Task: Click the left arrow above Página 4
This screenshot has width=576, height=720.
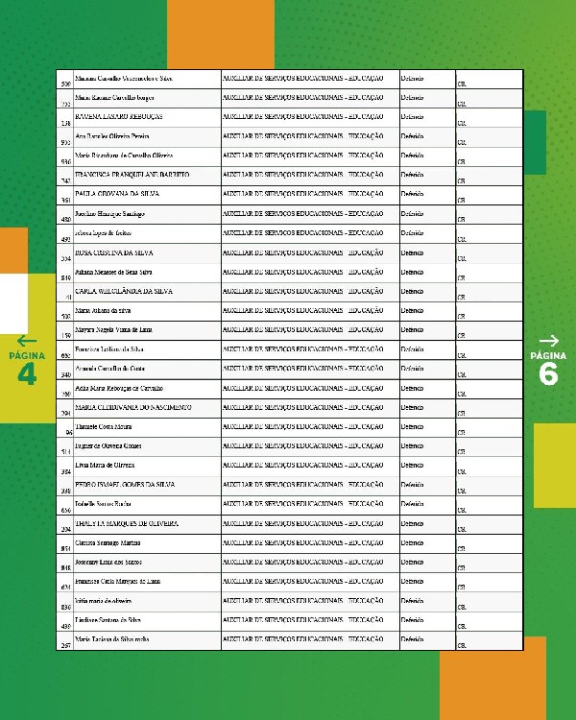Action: click(x=26, y=340)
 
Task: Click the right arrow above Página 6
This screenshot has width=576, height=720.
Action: click(x=549, y=340)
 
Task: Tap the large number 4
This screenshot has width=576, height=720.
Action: click(x=26, y=374)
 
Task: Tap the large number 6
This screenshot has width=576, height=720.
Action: click(x=549, y=374)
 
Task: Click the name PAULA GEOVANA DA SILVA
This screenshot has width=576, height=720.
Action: click(x=116, y=194)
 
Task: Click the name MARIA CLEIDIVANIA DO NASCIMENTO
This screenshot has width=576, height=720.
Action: click(x=132, y=407)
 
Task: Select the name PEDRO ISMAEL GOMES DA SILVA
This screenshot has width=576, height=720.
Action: click(x=124, y=485)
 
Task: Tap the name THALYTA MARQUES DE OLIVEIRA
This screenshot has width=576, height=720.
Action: click(x=127, y=523)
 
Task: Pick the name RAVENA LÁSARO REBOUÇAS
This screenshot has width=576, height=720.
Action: click(x=118, y=116)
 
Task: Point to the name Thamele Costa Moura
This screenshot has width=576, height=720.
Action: click(x=103, y=426)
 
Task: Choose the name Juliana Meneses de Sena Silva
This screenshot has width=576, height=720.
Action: click(x=120, y=272)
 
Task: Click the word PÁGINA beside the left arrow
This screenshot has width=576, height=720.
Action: click(x=26, y=355)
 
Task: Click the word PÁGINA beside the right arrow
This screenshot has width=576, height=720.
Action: click(x=549, y=355)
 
